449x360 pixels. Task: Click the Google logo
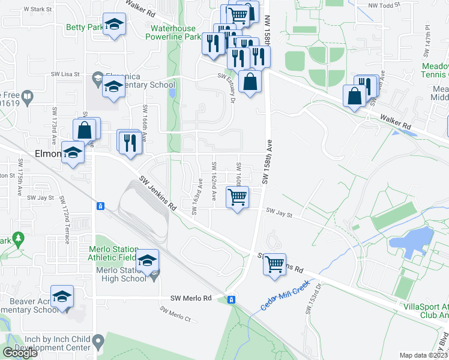click(20, 353)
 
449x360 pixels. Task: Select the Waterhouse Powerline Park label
click(175, 32)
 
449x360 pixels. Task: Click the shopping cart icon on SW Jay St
click(238, 197)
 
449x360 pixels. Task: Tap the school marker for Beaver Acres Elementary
click(62, 297)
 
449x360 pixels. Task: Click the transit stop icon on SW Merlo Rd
click(231, 299)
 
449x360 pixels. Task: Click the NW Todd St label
click(382, 6)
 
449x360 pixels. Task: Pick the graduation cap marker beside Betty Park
click(113, 25)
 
